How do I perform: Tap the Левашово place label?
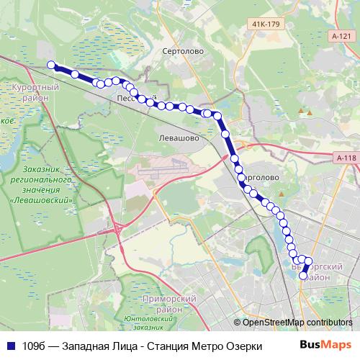(x=177, y=135)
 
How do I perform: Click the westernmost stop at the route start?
(x=52, y=66)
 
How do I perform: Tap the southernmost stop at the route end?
(x=303, y=275)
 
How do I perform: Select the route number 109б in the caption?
(x=33, y=346)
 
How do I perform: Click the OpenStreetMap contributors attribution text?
(x=297, y=322)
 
